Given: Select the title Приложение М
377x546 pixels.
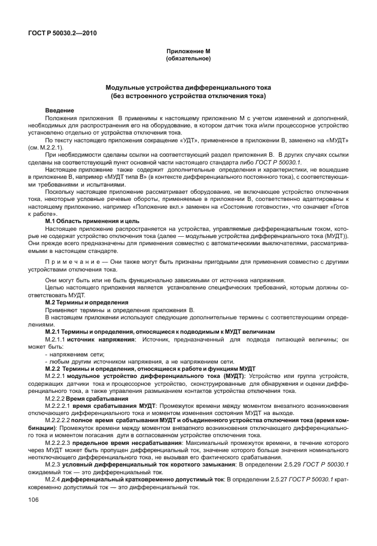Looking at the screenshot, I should [188, 52].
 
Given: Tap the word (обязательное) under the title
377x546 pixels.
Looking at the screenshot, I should [188, 59].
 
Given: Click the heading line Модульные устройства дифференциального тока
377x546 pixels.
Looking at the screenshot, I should [188, 88].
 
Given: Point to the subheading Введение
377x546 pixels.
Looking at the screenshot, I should [60, 111].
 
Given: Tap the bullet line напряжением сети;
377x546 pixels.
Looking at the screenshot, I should [78, 354].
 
